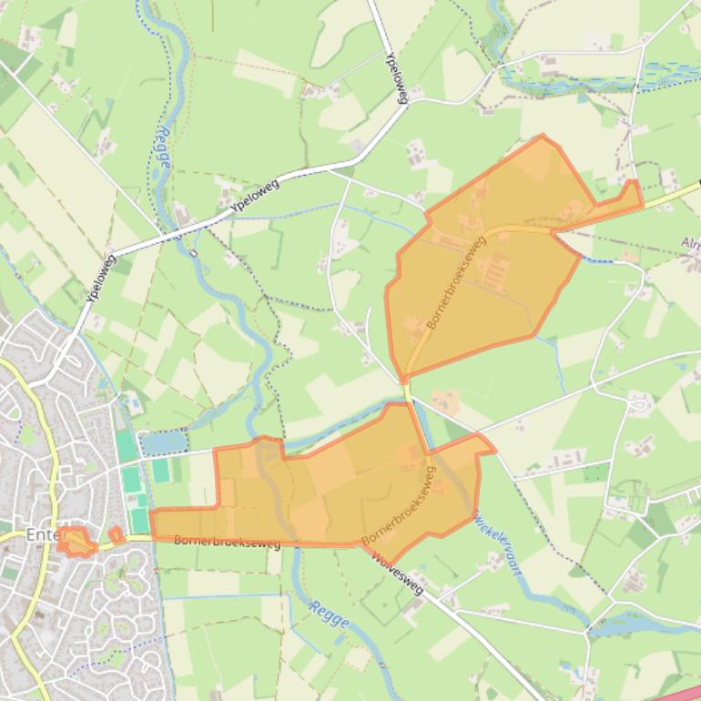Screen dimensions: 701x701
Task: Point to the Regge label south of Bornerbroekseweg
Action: [x=329, y=615]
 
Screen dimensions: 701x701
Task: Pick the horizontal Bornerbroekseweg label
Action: [x=227, y=542]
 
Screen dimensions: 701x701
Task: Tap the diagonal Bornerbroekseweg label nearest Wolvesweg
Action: [x=398, y=506]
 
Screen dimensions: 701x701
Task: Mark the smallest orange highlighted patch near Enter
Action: [x=117, y=535]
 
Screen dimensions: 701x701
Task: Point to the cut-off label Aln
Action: [x=691, y=243]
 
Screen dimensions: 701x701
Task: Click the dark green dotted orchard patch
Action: [x=595, y=472]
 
